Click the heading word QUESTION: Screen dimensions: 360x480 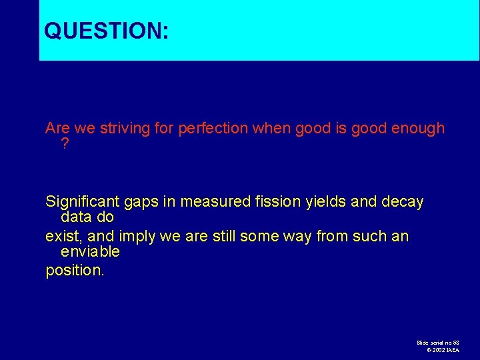point(106,31)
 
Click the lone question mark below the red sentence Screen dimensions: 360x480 point(65,143)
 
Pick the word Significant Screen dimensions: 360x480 point(80,202)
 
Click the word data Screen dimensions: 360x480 point(75,217)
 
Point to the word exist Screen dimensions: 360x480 point(61,237)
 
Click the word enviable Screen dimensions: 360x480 point(90,252)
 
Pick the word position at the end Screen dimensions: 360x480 point(74,272)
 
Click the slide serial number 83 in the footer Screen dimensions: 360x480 point(455,342)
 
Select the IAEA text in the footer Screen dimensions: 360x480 point(453,350)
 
